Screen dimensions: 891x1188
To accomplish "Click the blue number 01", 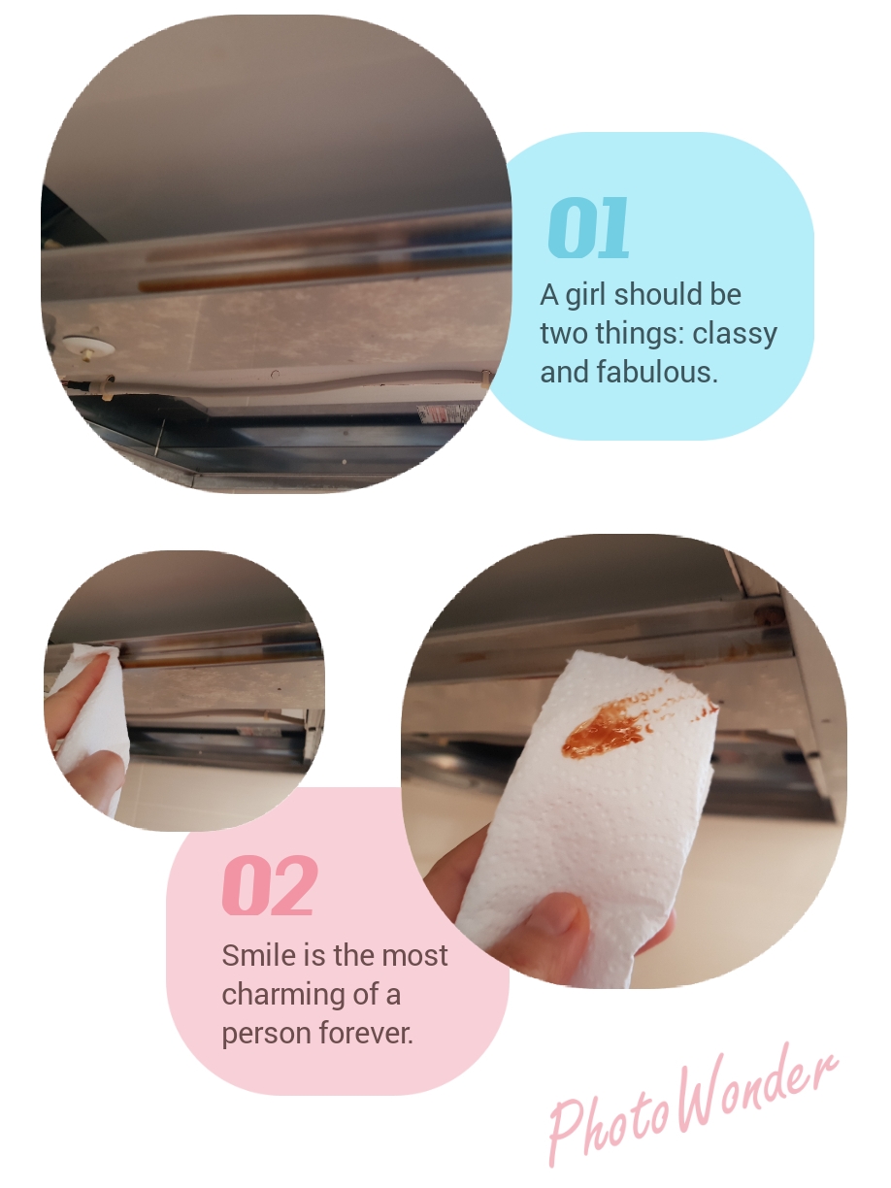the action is click(x=588, y=227).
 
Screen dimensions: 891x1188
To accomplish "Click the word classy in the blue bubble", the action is click(x=735, y=335).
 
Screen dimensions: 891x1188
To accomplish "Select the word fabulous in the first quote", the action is click(x=657, y=372).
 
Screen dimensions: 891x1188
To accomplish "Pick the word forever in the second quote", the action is click(x=366, y=1034).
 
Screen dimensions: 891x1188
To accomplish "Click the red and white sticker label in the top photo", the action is click(x=445, y=414).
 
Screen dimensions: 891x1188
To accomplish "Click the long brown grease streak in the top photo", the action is click(x=324, y=274).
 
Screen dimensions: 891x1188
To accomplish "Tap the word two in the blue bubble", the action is click(x=564, y=334).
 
